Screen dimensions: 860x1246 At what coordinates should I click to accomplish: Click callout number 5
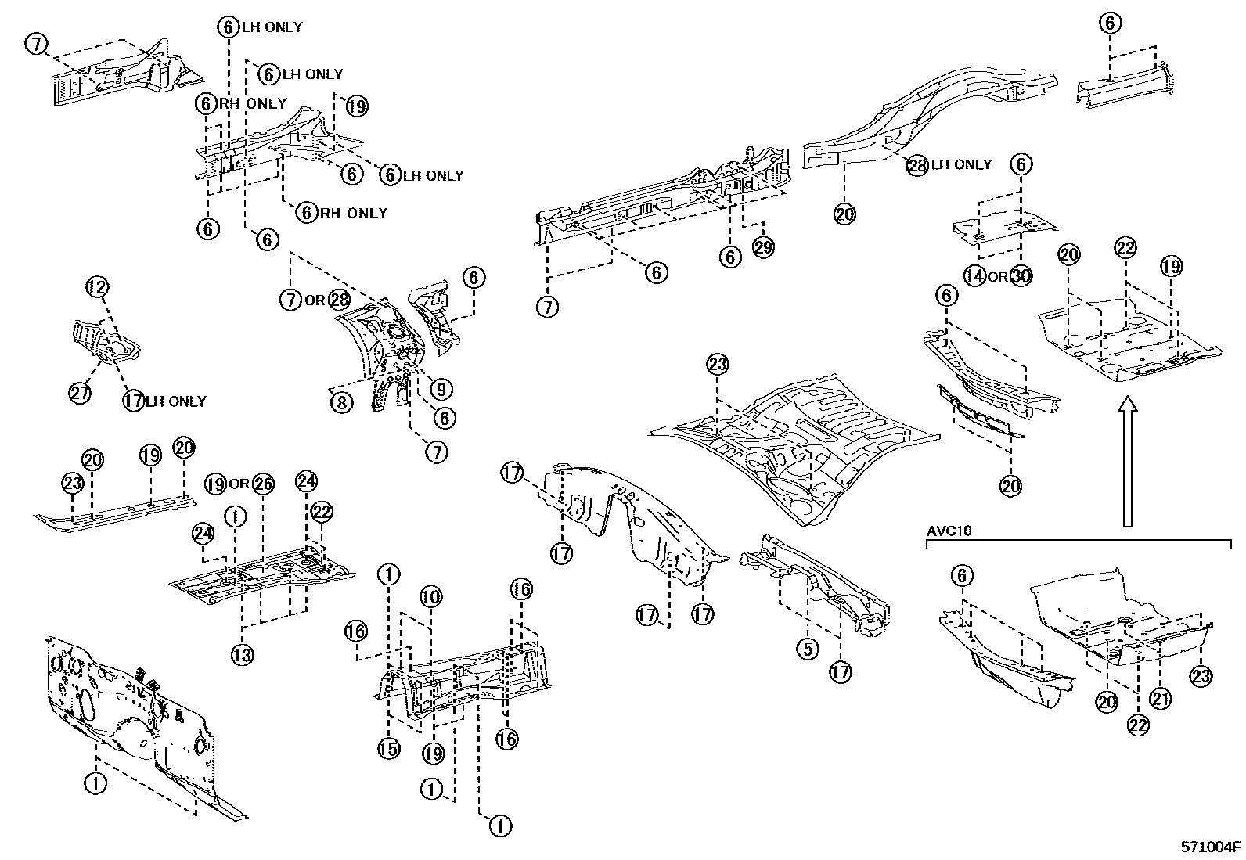tap(807, 649)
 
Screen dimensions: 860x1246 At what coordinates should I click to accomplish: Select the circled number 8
tap(341, 403)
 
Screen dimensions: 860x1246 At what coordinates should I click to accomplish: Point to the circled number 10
tap(430, 597)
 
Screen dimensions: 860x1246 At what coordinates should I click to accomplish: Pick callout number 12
tap(97, 287)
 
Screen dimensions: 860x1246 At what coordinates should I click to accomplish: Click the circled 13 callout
tap(242, 654)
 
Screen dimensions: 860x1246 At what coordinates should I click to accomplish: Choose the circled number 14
tap(974, 276)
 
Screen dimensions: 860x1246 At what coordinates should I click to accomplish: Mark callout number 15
tap(389, 749)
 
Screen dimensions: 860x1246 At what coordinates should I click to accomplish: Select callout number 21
tap(1159, 700)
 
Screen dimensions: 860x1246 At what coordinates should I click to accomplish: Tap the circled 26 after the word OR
tap(263, 484)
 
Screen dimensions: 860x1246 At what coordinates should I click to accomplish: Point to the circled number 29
tap(763, 247)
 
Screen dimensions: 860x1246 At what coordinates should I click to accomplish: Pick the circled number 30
tap(1021, 276)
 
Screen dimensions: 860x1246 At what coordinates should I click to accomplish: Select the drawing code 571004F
tap(1212, 847)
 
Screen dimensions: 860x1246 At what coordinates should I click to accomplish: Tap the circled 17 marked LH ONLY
tap(134, 401)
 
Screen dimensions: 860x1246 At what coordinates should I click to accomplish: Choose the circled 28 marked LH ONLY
tap(917, 165)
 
